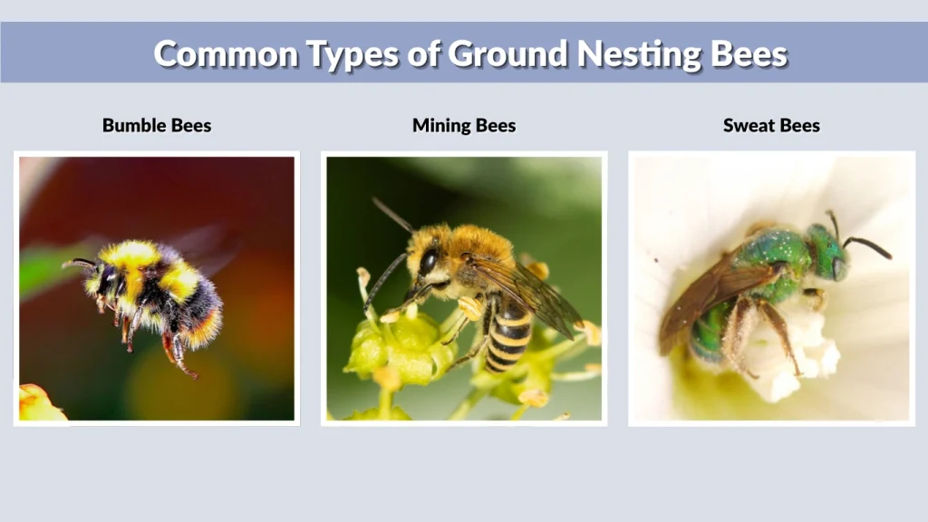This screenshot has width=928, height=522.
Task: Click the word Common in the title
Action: [226, 53]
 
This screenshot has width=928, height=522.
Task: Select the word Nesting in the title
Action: [648, 53]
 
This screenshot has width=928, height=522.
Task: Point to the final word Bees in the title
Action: [749, 53]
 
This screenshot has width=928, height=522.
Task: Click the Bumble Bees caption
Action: [157, 125]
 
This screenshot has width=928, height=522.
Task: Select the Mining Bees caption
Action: [464, 125]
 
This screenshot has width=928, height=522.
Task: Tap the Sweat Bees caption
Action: [771, 125]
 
